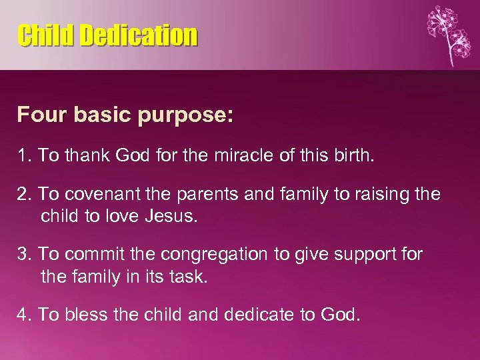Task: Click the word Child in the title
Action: [x=46, y=35]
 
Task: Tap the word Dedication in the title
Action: [x=139, y=35]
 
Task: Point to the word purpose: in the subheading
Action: [x=187, y=116]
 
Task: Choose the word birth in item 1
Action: [x=352, y=156]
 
